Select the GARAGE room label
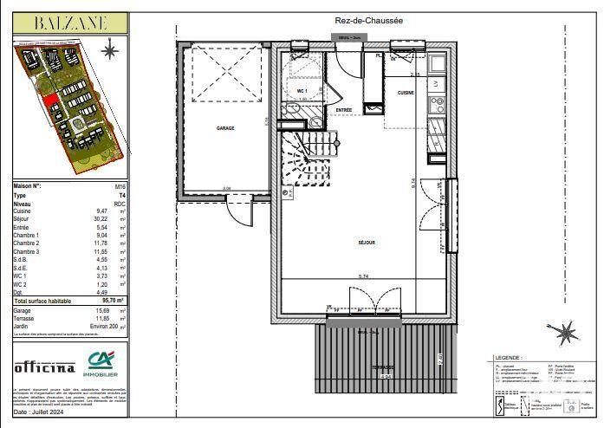pos(225,127)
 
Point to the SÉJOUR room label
pos(366,243)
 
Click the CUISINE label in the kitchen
pos(406,92)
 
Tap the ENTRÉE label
pos(344,110)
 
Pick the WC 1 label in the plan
pos(302,90)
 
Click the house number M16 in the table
pos(120,186)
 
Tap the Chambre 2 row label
pos(26,243)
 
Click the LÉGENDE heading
pos(507,357)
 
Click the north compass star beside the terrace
pos(566,331)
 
